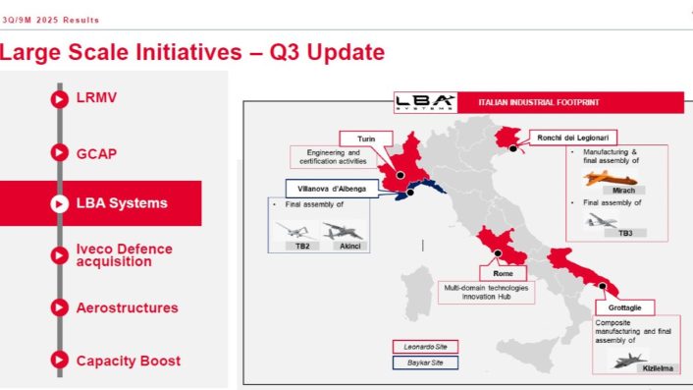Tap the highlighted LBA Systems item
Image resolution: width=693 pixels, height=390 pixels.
click(121, 203)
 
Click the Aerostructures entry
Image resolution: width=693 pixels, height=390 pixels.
click(127, 307)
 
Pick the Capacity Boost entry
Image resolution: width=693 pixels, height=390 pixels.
click(129, 360)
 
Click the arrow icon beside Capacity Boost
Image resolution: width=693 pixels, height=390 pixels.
click(58, 360)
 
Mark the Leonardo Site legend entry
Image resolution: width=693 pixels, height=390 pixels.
click(424, 346)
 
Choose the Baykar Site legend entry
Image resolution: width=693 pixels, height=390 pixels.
click(425, 362)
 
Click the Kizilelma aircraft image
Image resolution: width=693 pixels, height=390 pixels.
click(627, 361)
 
